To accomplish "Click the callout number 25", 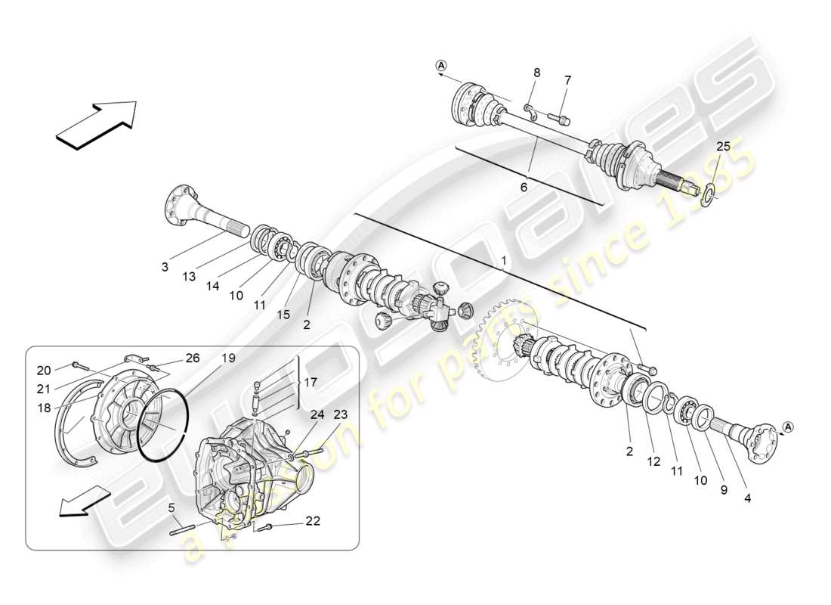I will (x=723, y=146).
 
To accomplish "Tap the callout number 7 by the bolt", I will (x=568, y=79).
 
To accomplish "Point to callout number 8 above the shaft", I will (x=536, y=73).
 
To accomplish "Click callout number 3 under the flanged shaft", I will (x=164, y=268).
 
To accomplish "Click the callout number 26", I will (x=193, y=358).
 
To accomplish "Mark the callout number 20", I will (x=43, y=370).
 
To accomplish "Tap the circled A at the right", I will (x=786, y=427).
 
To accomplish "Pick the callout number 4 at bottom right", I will (x=747, y=498).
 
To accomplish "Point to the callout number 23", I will (x=341, y=414).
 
